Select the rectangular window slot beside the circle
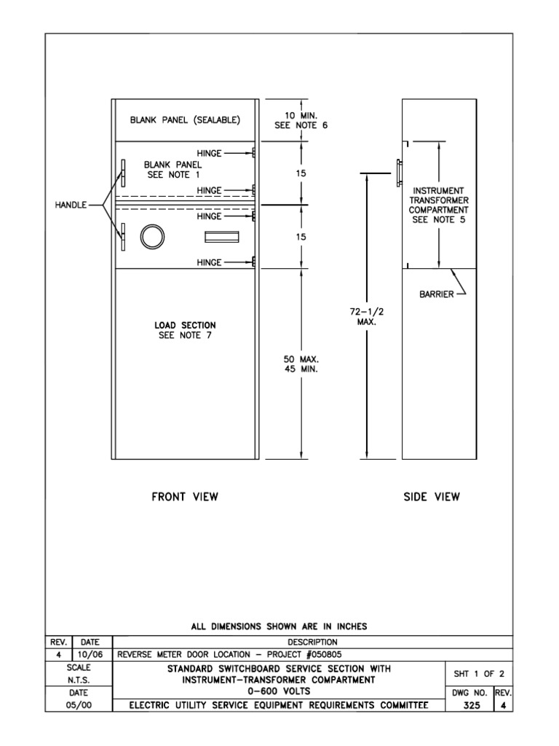click(x=222, y=237)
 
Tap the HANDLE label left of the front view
click(x=71, y=205)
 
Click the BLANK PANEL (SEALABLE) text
click(x=185, y=119)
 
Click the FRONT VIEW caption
click(x=185, y=497)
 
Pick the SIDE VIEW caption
click(x=432, y=497)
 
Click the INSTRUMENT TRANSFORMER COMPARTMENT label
click(x=439, y=205)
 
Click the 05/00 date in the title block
click(x=78, y=704)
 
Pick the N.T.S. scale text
click(x=78, y=679)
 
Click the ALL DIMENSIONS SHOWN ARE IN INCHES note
click(x=279, y=626)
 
